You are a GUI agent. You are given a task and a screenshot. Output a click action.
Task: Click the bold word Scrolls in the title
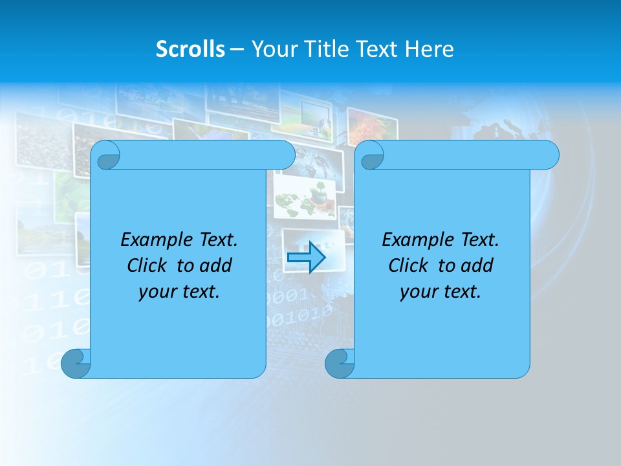pos(190,49)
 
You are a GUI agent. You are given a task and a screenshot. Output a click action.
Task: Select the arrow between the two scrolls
pos(305,258)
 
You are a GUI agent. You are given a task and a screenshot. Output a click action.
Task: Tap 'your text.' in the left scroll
pos(179,291)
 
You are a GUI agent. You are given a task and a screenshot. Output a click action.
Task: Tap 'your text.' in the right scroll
pos(441,291)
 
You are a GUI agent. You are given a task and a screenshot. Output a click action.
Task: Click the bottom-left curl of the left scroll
pos(76,363)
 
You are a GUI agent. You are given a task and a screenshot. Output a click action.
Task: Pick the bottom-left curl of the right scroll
pos(340,363)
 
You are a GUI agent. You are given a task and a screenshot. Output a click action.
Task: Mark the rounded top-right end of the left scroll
pos(285,155)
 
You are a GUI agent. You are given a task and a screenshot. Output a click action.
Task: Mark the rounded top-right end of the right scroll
pos(549,155)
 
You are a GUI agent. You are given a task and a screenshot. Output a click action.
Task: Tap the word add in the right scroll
pos(478,265)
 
